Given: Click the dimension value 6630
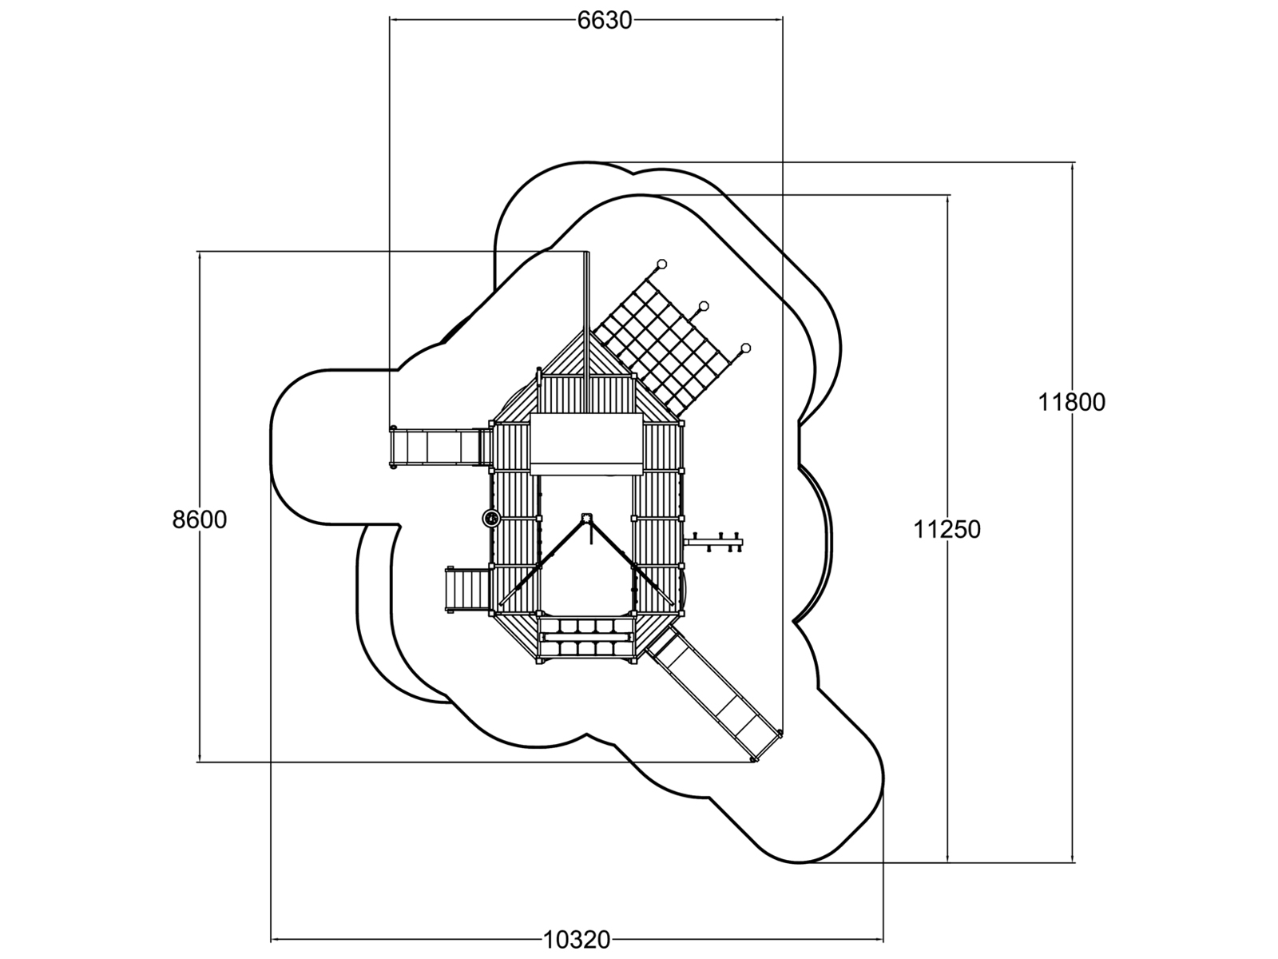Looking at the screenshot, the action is [605, 21].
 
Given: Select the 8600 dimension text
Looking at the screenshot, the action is [200, 520].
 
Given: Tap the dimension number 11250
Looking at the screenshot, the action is [947, 530].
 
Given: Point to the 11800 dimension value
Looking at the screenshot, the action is [1072, 402].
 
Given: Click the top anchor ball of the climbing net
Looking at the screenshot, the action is [661, 264].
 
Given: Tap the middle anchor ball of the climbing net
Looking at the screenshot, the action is [704, 306].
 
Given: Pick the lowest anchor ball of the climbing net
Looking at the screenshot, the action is [746, 348].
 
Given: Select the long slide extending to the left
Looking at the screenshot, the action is [440, 447].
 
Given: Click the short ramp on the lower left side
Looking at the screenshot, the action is [468, 590].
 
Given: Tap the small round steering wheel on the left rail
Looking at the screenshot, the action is [491, 518].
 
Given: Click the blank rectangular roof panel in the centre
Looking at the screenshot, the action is [586, 444].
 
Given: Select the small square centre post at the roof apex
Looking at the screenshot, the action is [586, 518].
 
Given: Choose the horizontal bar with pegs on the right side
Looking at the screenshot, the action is [713, 542].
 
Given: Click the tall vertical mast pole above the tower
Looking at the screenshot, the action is [586, 326].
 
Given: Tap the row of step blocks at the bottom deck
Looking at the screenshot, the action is [586, 638].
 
